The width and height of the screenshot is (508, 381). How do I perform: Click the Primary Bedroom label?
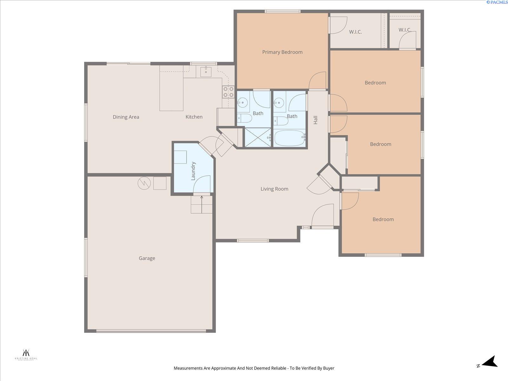(282, 52)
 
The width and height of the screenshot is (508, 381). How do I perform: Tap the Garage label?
(147, 258)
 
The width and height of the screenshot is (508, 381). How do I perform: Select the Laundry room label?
(193, 171)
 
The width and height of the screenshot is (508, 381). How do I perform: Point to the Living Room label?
(274, 189)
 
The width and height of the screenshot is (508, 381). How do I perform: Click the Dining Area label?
(126, 117)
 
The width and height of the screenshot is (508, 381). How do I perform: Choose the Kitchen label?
(194, 117)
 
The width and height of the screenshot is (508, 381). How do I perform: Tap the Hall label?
(316, 120)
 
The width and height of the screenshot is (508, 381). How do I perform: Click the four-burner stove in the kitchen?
(228, 92)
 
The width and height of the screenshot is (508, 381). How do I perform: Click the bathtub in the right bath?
(290, 138)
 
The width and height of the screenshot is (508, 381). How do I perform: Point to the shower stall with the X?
(258, 137)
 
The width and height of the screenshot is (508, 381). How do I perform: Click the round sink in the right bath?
(279, 102)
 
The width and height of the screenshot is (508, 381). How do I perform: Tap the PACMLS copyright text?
(497, 2)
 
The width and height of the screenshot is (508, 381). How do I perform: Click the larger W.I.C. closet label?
(355, 32)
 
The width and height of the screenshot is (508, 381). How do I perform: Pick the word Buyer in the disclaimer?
(329, 368)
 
